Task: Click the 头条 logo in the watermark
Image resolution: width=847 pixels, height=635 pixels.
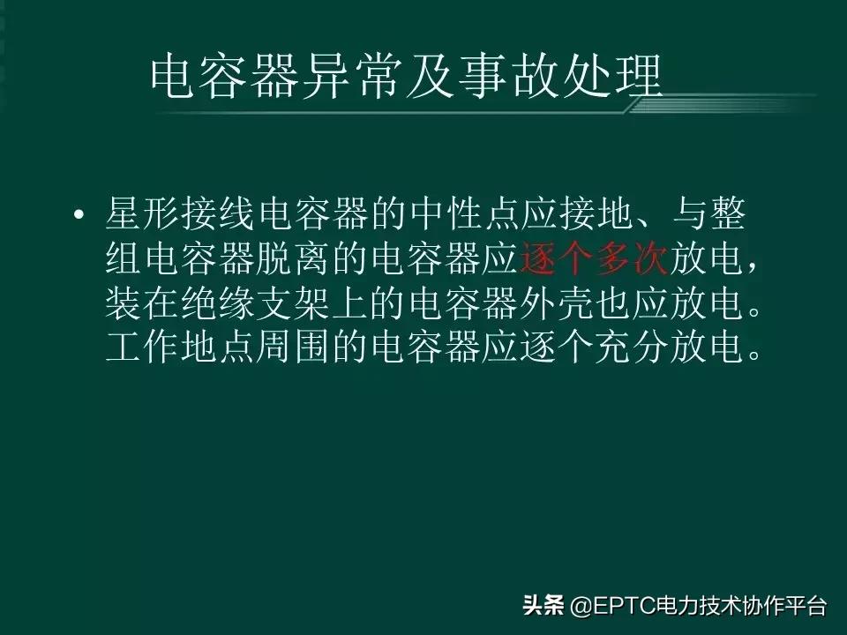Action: (x=543, y=606)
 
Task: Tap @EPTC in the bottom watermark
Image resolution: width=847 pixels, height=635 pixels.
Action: (x=601, y=606)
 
